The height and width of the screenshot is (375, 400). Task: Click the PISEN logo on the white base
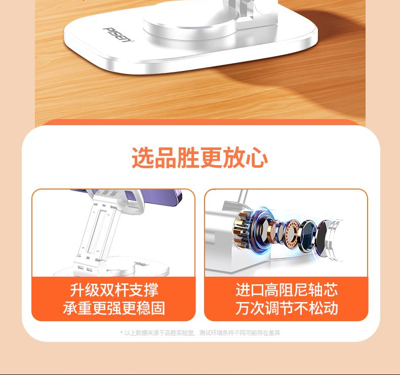point(118,34)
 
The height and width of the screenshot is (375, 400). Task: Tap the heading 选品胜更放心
point(199,158)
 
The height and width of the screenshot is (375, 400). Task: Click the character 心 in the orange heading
point(257,158)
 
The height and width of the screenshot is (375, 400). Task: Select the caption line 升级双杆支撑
point(114,290)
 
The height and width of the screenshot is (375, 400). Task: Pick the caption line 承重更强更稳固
point(114,308)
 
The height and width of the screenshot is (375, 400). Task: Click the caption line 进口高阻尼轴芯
point(287,290)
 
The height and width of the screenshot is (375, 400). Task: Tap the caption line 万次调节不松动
point(287,308)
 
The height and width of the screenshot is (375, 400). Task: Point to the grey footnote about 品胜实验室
point(200,332)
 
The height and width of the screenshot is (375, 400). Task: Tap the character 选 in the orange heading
point(143,158)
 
